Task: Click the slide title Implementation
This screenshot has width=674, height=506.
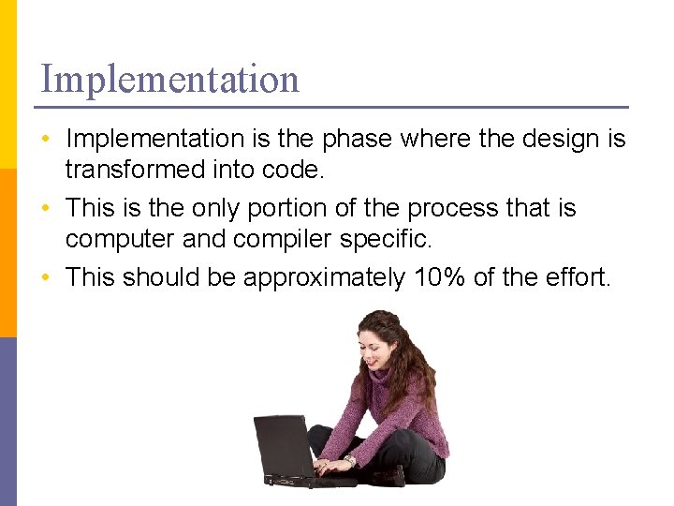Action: (x=169, y=79)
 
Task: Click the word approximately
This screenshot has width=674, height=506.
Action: (x=324, y=277)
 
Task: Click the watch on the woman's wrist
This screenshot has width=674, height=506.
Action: (x=349, y=461)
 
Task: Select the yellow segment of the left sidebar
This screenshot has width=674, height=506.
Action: (x=7, y=84)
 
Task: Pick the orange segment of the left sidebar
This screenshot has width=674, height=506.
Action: (x=7, y=253)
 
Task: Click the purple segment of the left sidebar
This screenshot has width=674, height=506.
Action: (x=7, y=422)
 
